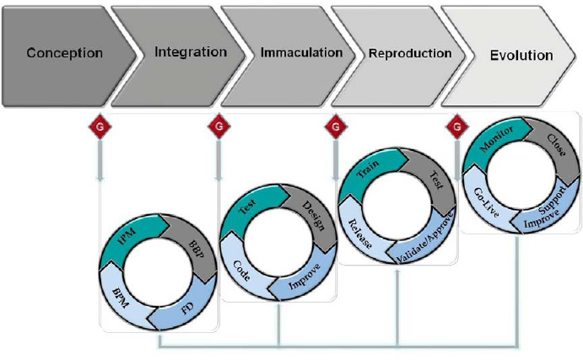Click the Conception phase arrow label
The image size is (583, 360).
pos(64,53)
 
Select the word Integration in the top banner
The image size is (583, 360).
pos(191,52)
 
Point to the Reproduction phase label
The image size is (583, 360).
pos(410,53)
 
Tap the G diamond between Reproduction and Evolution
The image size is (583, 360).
pos(457,127)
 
